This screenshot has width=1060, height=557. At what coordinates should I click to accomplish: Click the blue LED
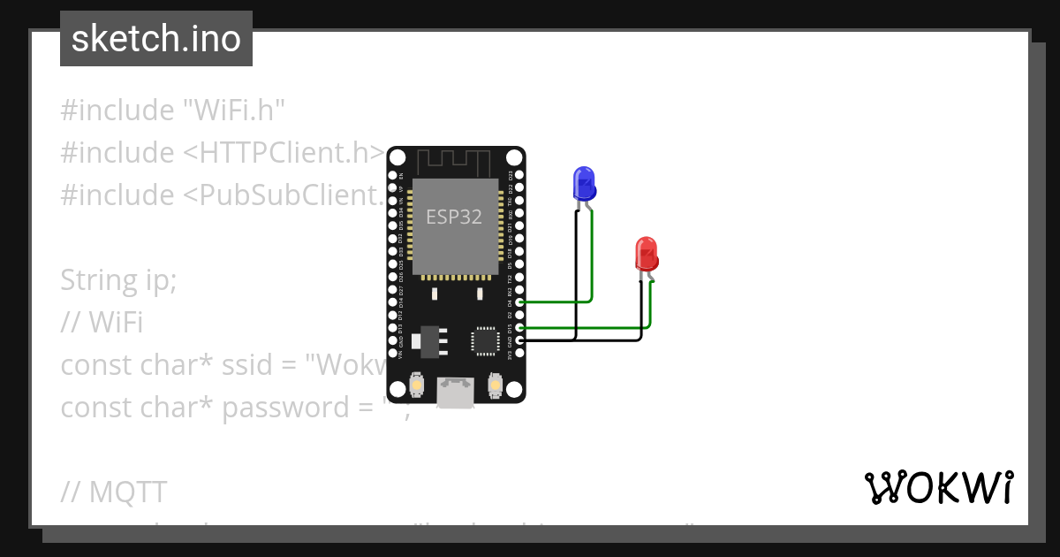click(583, 183)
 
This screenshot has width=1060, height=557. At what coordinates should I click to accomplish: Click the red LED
click(646, 254)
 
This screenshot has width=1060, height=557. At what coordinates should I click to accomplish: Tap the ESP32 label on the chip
click(454, 217)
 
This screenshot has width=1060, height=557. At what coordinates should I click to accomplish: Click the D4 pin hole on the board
click(519, 302)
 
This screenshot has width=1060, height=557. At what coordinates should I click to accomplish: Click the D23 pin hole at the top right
click(519, 175)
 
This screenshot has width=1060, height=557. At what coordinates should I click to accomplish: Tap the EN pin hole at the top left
click(392, 176)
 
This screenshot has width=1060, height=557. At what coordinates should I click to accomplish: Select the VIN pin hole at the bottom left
click(392, 354)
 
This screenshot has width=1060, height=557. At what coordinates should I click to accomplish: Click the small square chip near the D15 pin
click(485, 341)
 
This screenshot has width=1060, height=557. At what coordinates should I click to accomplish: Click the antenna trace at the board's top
click(454, 162)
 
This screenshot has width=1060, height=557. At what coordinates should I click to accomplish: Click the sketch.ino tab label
click(155, 39)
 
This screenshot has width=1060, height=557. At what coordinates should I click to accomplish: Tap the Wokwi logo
click(938, 488)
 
